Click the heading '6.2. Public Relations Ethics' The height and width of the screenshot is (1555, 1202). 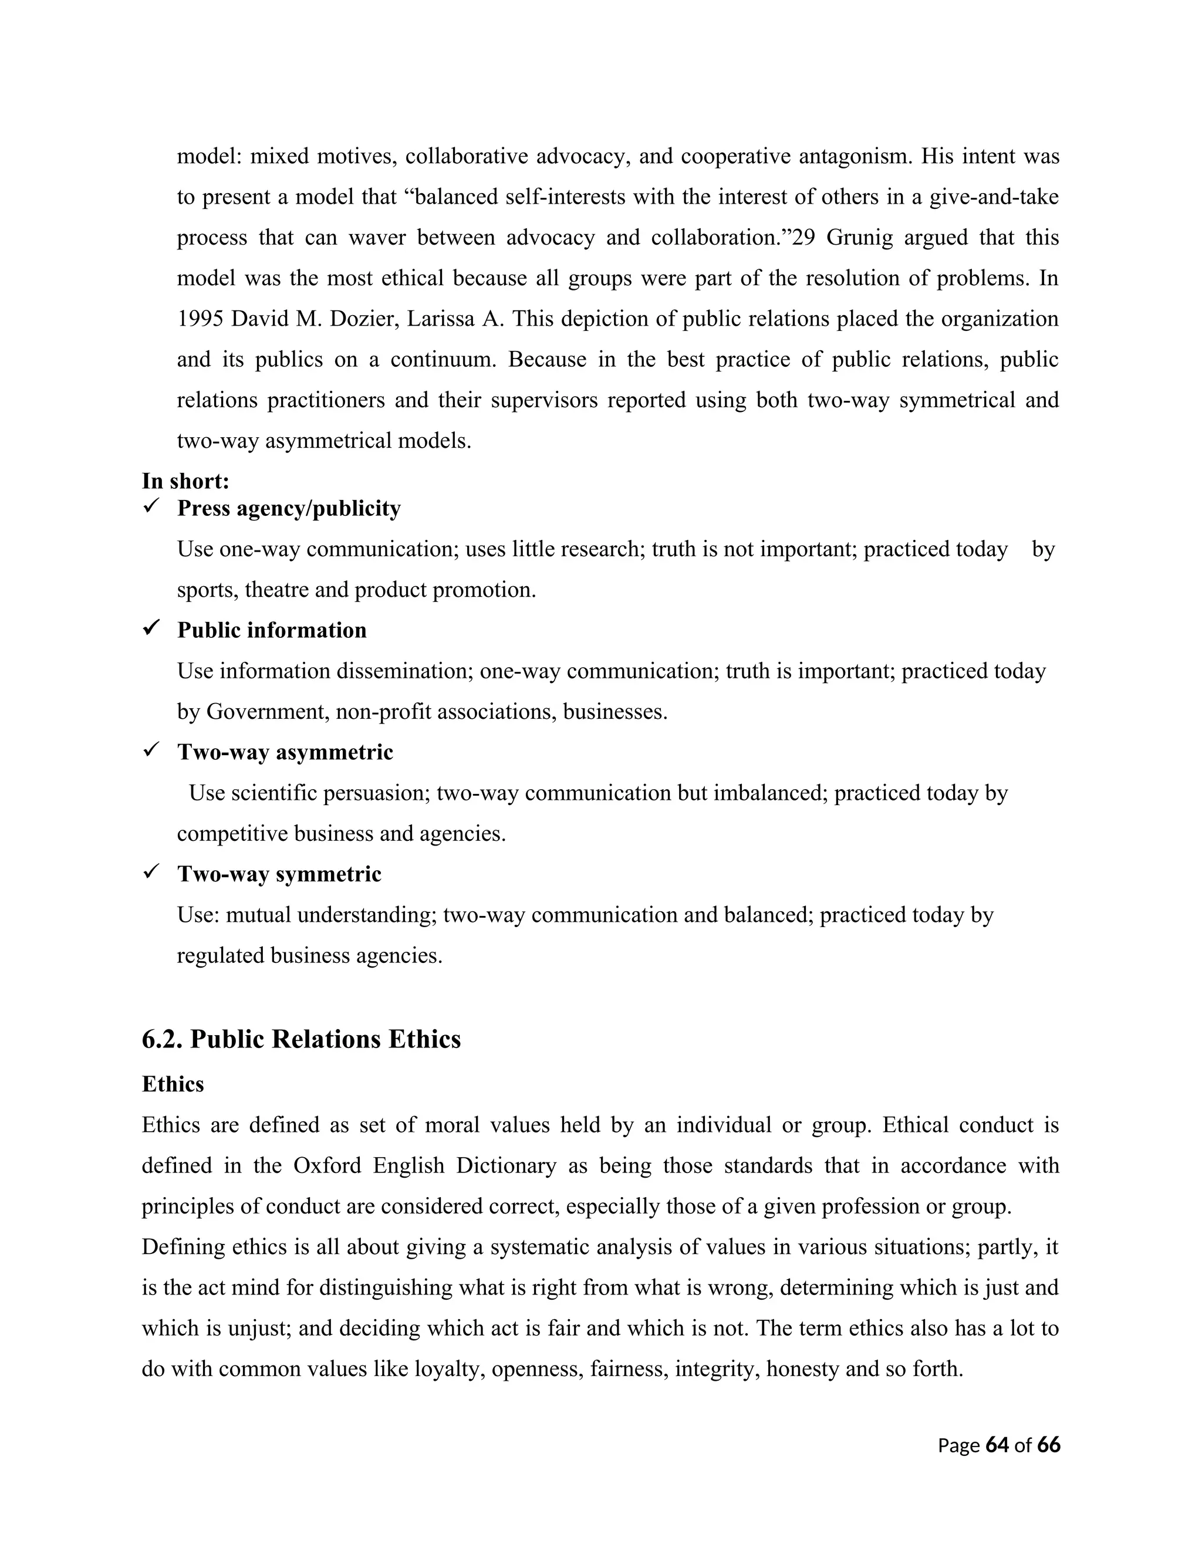coord(301,1040)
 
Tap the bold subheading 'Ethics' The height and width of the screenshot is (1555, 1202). coord(173,1084)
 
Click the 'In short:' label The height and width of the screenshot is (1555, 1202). coord(185,481)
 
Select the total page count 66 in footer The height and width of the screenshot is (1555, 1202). coord(1049,1445)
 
